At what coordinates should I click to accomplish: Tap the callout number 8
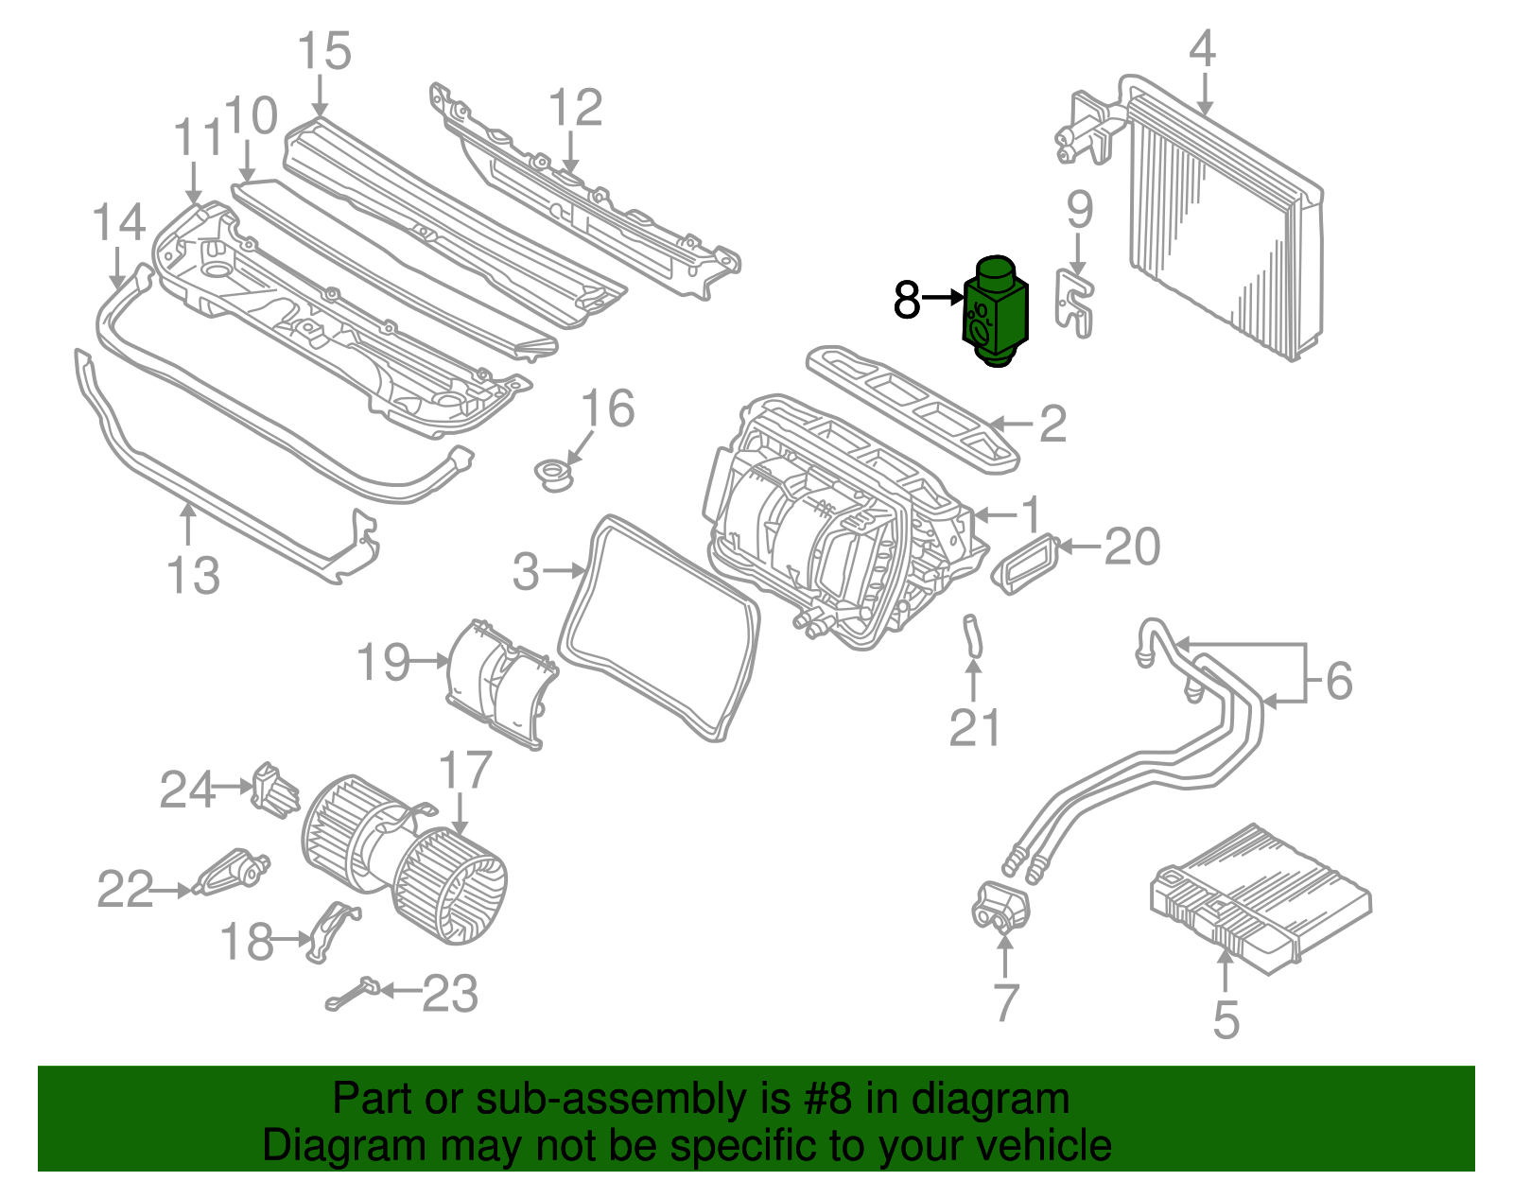click(x=906, y=301)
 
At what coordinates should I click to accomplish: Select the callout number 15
click(x=323, y=51)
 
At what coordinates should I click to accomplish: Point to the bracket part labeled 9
click(x=1075, y=303)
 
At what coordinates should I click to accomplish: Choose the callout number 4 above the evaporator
click(x=1201, y=48)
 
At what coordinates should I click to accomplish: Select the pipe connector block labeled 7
click(x=999, y=908)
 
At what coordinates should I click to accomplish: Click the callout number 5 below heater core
click(x=1226, y=1019)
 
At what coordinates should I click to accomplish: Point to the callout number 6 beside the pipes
click(x=1339, y=681)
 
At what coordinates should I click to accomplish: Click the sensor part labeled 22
click(x=232, y=871)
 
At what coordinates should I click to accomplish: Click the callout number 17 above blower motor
click(x=465, y=770)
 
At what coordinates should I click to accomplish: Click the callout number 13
click(x=193, y=575)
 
